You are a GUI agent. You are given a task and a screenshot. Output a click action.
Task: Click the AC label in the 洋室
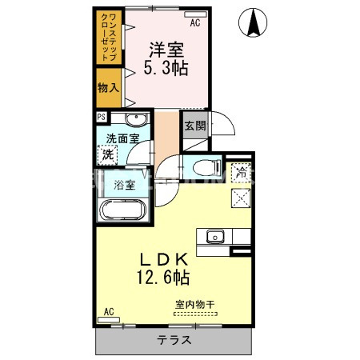[194, 23]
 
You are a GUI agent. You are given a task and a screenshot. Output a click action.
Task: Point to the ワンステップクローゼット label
[108, 38]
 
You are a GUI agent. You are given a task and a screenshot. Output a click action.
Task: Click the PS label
[102, 117]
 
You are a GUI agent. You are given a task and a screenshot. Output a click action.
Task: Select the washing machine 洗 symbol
[108, 154]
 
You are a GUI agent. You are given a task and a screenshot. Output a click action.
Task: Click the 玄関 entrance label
[194, 126]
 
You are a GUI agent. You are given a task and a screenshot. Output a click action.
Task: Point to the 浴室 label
[124, 186]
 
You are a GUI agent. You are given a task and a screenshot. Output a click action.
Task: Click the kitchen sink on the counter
[215, 237]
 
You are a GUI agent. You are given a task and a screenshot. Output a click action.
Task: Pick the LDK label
[166, 259]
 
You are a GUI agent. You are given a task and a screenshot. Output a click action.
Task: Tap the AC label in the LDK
[107, 311]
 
